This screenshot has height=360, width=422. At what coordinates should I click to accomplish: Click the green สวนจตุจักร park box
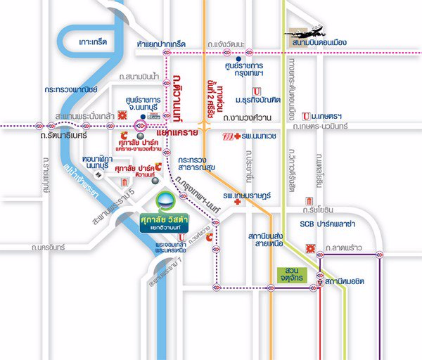click(x=291, y=271)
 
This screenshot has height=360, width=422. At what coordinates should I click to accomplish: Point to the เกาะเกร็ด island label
click(x=94, y=43)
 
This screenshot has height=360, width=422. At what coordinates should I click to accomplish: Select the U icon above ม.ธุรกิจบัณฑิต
click(x=257, y=91)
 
